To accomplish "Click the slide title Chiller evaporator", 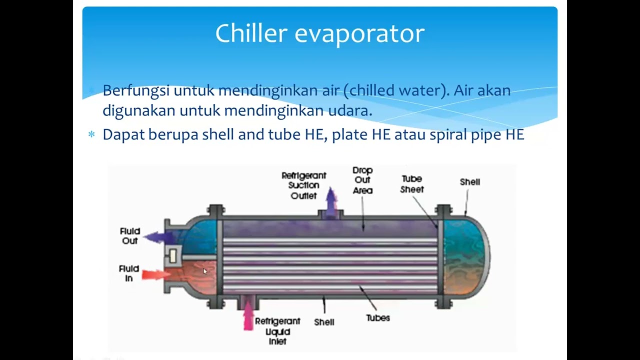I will (320, 33).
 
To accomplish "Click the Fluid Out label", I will (130, 236).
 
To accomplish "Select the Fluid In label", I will (129, 273).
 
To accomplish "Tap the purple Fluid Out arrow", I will (158, 237).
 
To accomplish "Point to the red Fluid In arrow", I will (155, 274).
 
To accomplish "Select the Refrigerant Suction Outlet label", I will (303, 185).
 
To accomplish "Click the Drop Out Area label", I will (362, 180).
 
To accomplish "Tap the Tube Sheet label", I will (412, 184).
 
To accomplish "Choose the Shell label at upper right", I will (469, 182).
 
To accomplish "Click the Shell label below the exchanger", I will (324, 322).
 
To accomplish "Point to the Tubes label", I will (377, 317).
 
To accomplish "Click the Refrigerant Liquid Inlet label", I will (277, 331).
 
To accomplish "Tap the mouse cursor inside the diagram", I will (204, 271).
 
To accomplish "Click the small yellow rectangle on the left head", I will (173, 256).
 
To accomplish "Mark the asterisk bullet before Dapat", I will (91, 135).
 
